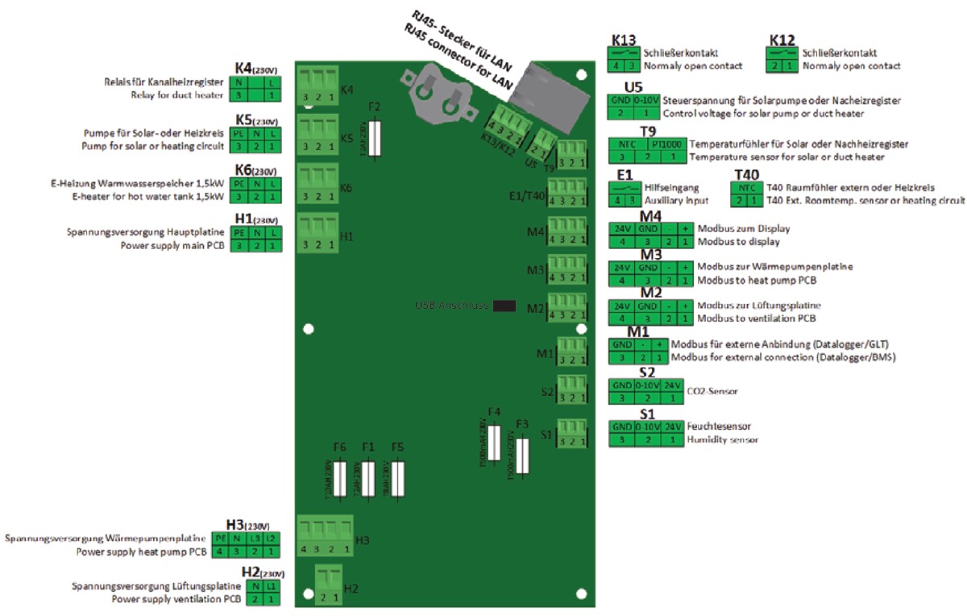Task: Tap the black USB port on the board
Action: click(x=504, y=306)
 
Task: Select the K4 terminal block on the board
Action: click(x=317, y=87)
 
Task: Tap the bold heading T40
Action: click(x=747, y=174)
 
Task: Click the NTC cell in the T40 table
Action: click(x=745, y=187)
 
